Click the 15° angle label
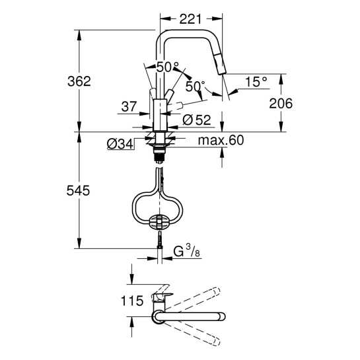coord(256,81)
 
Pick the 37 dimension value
coord(129,106)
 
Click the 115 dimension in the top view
coord(133,301)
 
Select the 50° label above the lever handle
coord(167,67)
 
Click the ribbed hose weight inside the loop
coord(159,222)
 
